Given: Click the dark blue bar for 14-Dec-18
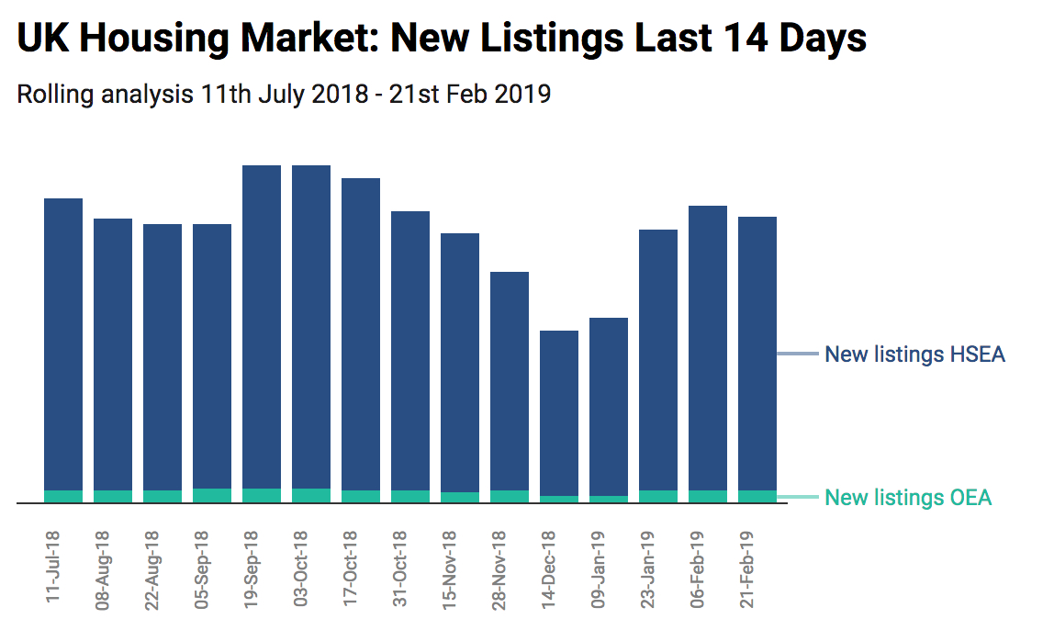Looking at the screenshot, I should [559, 413].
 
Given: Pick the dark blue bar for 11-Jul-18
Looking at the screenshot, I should [63, 344].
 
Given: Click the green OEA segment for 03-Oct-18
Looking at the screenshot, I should [311, 496].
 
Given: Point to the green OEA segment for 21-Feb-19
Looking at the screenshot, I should [757, 497].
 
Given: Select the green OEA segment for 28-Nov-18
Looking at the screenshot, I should [510, 497].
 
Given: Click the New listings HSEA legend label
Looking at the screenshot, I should [914, 355].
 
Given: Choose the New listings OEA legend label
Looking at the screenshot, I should [908, 498].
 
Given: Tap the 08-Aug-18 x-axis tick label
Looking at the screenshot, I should [102, 569].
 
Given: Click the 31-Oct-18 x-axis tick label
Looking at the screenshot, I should [399, 569].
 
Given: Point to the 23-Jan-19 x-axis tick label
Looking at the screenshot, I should [647, 569].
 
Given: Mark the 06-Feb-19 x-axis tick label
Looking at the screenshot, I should [697, 569].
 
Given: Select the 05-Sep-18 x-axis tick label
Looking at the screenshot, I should [201, 569].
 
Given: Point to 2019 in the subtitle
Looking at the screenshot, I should [521, 94].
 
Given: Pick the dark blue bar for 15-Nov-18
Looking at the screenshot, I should [460, 363].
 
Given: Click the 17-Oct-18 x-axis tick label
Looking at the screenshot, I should [350, 569].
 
